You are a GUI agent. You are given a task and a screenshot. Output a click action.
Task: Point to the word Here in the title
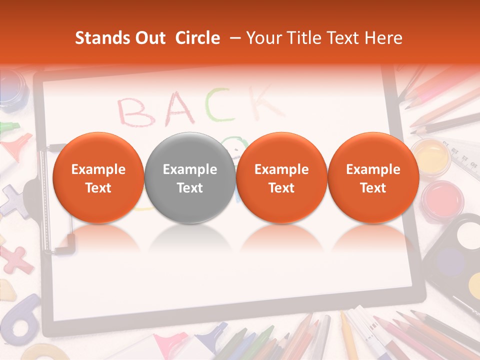(x=384, y=38)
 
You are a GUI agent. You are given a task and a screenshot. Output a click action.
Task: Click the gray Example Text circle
(x=189, y=178)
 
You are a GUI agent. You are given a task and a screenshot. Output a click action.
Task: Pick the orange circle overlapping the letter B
(x=98, y=178)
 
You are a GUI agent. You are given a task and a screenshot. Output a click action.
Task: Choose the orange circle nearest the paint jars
(x=373, y=178)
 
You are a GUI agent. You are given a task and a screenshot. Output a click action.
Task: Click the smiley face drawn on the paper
(x=235, y=145)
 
